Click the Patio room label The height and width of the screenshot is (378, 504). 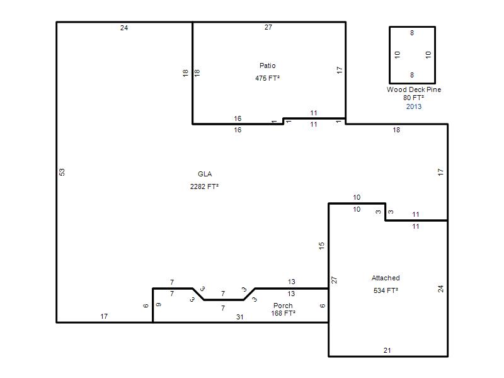267,66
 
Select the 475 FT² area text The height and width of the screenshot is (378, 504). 267,78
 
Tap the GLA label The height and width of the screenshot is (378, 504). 205,174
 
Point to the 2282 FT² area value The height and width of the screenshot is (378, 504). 204,186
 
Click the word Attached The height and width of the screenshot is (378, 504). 386,278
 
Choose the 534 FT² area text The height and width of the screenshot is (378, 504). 386,290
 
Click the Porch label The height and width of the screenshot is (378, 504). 283,306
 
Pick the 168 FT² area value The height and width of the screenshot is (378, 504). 283,313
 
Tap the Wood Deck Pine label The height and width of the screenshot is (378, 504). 414,89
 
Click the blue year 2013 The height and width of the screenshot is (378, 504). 414,106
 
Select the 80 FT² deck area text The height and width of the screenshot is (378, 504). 414,98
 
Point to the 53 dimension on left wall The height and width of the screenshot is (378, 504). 62,172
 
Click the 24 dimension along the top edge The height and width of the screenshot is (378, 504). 124,28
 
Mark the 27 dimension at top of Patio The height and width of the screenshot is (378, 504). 268,27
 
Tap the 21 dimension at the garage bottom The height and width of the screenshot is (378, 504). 387,350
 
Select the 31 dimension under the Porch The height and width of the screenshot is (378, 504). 240,317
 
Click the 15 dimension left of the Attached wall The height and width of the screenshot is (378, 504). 322,246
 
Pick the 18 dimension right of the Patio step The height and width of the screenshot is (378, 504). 396,130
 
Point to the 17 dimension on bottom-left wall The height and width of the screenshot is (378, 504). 104,316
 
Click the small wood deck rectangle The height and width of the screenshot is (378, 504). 389,55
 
